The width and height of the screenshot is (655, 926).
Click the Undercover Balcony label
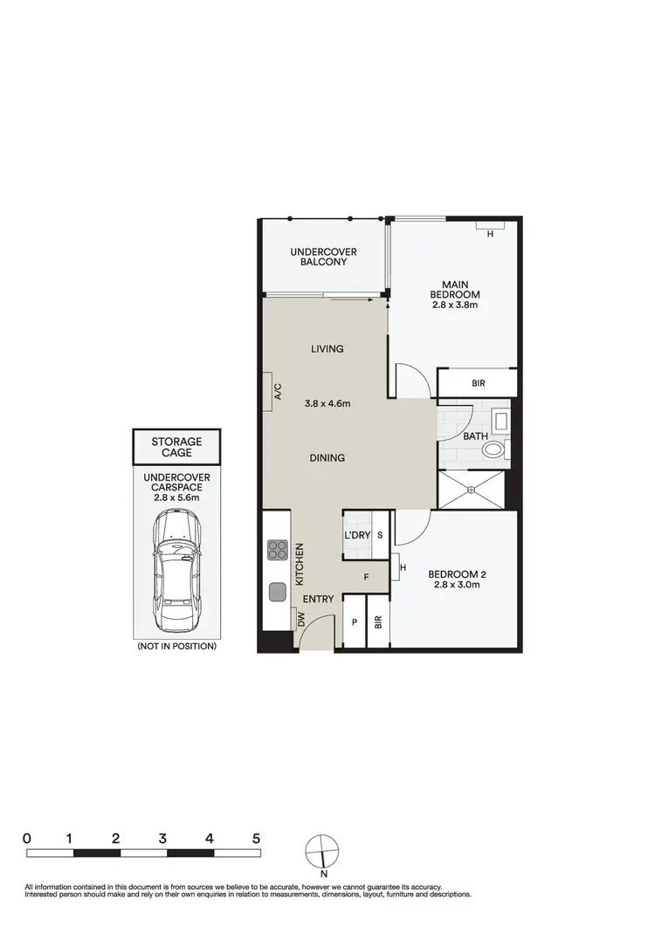[x=324, y=257]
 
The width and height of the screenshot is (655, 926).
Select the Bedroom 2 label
[x=457, y=573]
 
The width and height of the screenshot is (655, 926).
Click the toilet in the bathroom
[x=494, y=450]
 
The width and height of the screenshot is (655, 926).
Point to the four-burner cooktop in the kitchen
[x=277, y=550]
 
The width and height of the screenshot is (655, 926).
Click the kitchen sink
[x=277, y=591]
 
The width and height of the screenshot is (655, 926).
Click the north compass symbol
[x=322, y=851]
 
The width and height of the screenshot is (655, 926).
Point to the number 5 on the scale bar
[x=256, y=838]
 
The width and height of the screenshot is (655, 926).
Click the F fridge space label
[x=365, y=577]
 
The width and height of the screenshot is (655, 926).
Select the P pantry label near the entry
[x=355, y=623]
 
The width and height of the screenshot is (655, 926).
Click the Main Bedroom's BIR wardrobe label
[x=478, y=382]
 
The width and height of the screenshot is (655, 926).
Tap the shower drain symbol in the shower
[x=471, y=490]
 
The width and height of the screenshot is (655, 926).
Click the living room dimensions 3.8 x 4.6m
[x=327, y=403]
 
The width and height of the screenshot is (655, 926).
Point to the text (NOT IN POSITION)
[x=176, y=647]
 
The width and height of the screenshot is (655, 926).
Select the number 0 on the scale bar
[x=27, y=838]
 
